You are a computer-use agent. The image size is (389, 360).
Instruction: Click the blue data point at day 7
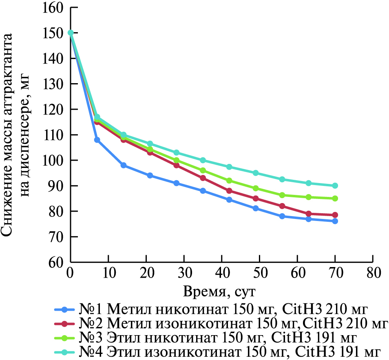coord(97,140)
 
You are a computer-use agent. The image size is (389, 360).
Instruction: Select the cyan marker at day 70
coord(335,186)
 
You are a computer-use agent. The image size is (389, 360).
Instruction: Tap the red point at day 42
coord(229,191)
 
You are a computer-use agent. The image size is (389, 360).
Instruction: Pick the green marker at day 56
coord(282,195)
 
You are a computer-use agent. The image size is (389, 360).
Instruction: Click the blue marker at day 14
coord(124,165)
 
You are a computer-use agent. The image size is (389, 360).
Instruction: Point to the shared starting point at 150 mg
coord(71,33)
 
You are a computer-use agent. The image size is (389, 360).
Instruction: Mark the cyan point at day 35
coord(203,160)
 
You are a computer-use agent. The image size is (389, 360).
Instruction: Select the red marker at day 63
coord(309,214)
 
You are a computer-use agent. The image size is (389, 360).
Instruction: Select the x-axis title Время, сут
coord(221,291)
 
